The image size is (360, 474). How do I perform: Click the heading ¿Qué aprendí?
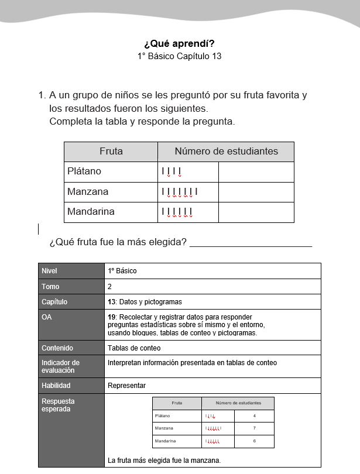179,43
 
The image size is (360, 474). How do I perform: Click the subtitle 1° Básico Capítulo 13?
179,56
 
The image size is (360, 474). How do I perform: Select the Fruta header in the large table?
111,152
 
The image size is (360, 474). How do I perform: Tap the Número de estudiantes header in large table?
226,152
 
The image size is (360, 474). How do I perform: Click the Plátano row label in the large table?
84,171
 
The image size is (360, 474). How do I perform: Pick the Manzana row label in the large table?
88,192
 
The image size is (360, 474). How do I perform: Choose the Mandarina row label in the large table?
91,212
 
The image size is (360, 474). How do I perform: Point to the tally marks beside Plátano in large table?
172,172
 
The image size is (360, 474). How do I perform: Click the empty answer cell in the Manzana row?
256,192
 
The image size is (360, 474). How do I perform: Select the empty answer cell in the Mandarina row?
256,212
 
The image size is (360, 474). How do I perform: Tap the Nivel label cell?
50,271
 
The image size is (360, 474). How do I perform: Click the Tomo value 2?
110,287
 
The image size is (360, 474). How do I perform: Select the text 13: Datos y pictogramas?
145,302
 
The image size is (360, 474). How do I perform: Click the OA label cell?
46,317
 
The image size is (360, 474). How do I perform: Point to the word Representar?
126,386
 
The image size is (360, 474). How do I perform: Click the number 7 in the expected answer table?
254,428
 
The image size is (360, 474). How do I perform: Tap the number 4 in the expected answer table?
254,416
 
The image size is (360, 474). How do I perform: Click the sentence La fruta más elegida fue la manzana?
164,461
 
